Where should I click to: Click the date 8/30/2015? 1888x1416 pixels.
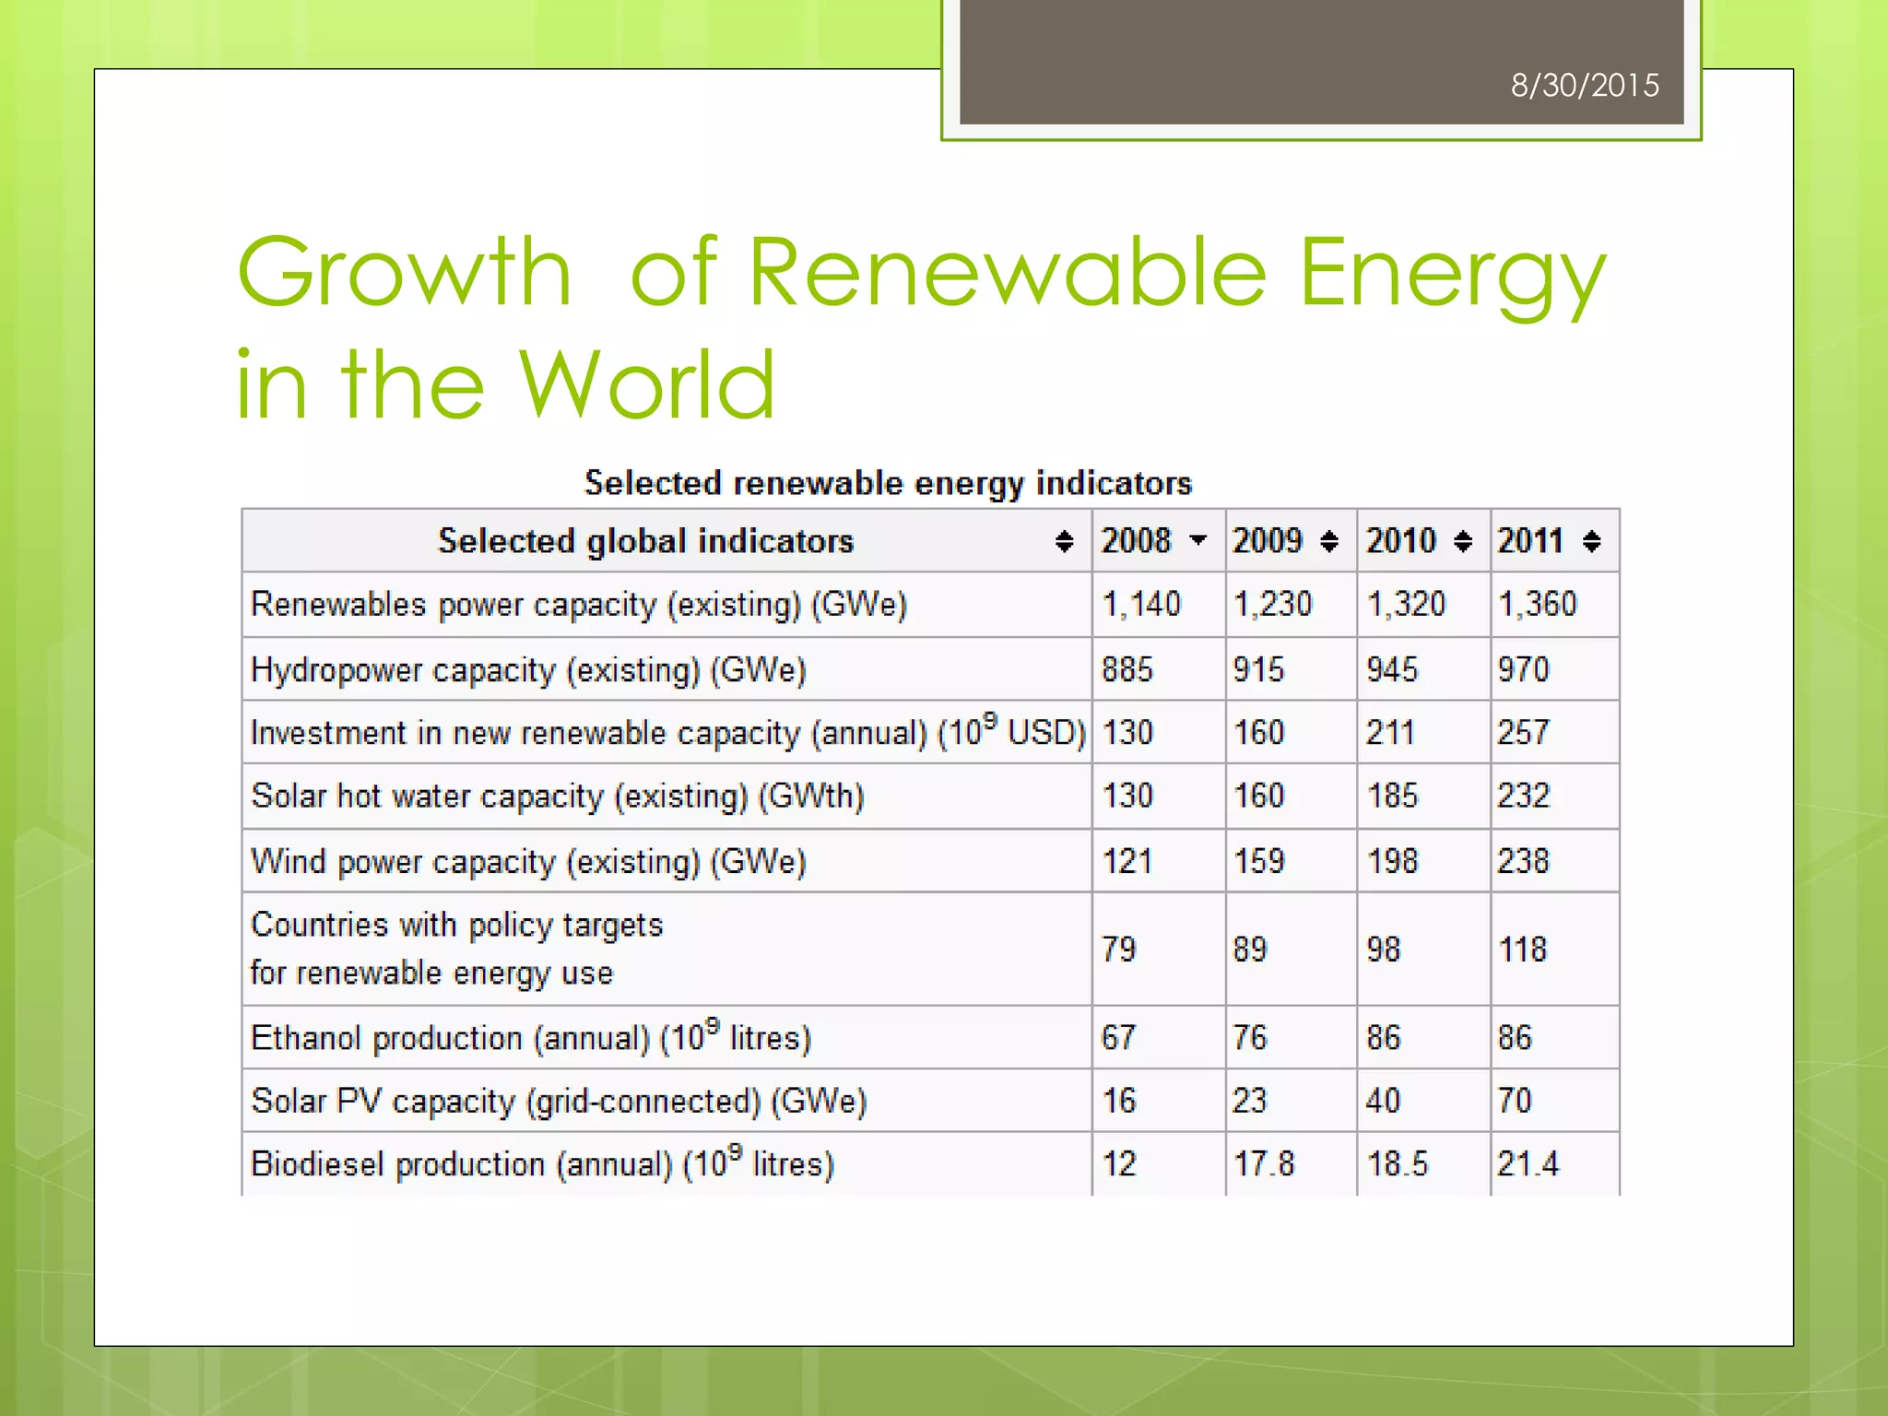[x=1584, y=86]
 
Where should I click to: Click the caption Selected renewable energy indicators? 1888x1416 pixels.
[x=888, y=483]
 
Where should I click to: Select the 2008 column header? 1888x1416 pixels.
[x=1136, y=540]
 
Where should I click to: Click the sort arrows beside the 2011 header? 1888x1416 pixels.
[x=1591, y=541]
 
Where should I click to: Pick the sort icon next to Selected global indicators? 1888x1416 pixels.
[x=1064, y=541]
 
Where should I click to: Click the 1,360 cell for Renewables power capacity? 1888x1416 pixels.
[x=1537, y=604]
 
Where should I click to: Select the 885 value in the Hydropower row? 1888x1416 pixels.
[x=1127, y=669]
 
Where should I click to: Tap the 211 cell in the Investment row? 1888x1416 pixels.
[x=1390, y=733]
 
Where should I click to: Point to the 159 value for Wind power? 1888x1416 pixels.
[x=1258, y=861]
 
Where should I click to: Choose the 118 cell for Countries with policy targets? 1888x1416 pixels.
[x=1522, y=949]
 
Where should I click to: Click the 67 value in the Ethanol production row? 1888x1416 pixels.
[x=1118, y=1038]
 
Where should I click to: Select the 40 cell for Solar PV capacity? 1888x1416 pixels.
[x=1383, y=1101]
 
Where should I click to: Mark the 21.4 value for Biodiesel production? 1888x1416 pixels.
[x=1528, y=1164]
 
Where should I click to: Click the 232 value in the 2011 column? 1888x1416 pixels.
[x=1523, y=796]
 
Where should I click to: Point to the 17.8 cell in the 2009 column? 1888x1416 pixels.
[x=1264, y=1164]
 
